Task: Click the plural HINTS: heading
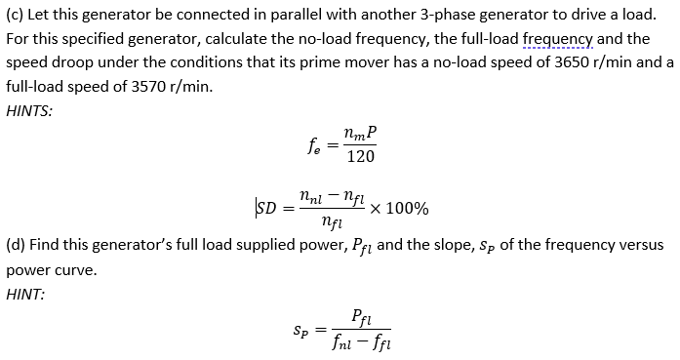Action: click(x=29, y=109)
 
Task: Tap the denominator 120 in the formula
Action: click(x=360, y=156)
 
